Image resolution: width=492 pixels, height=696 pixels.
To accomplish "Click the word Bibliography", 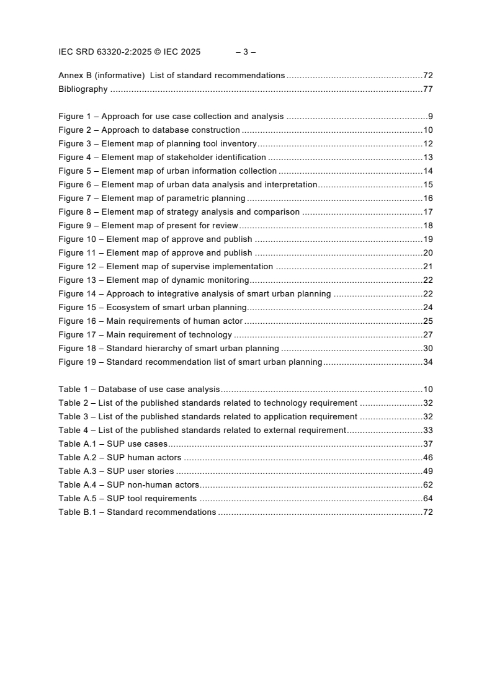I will [x=83, y=89].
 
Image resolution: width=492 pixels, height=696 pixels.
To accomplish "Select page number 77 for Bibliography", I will [x=427, y=89].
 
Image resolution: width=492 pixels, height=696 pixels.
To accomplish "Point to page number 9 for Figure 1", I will [x=430, y=117].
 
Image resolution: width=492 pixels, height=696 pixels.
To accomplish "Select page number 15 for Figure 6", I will [x=427, y=185].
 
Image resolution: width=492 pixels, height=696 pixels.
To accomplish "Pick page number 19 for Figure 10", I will [x=427, y=239].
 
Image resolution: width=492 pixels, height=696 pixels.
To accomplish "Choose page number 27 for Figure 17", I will [x=427, y=335].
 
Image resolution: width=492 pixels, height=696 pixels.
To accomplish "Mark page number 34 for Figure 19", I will [x=427, y=362].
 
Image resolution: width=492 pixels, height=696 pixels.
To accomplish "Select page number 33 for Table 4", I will [x=427, y=431].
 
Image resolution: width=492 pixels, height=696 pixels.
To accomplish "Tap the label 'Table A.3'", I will [x=78, y=471].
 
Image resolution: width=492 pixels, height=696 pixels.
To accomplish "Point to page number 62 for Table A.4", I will [x=427, y=485].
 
